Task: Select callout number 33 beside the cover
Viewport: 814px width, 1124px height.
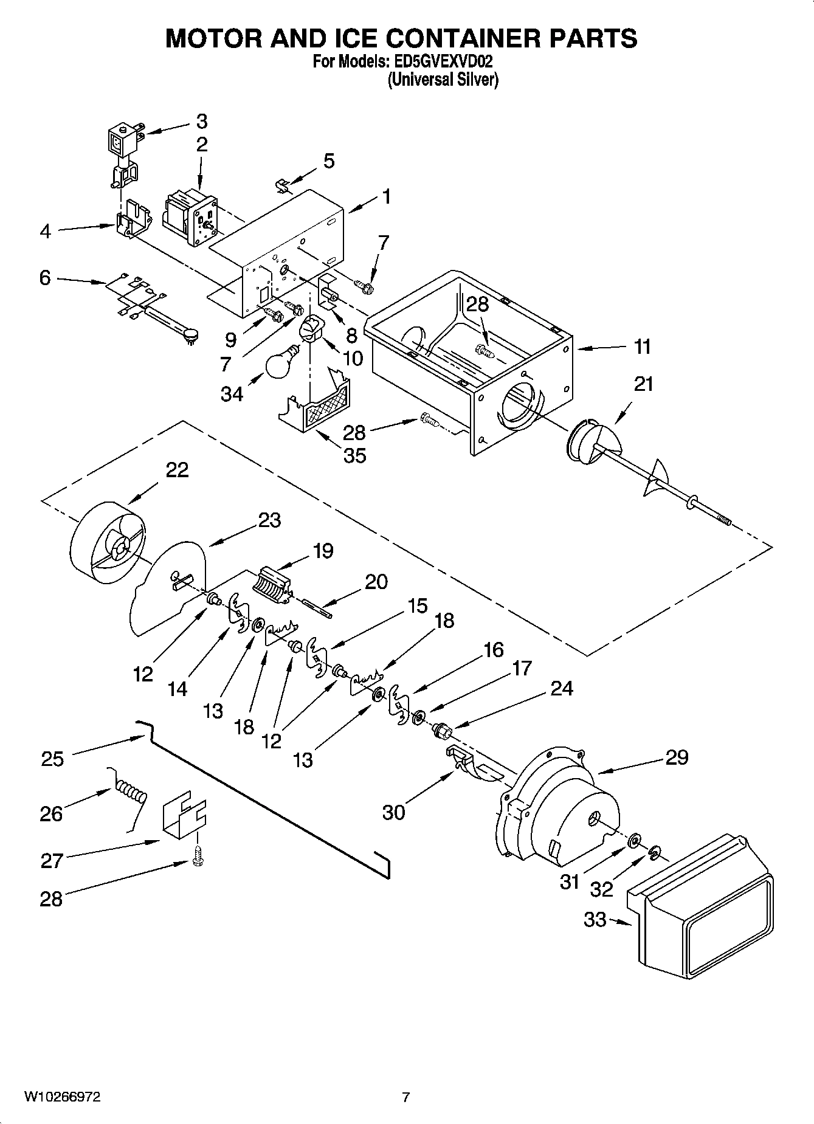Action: click(595, 920)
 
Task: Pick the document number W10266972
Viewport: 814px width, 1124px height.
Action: click(62, 1097)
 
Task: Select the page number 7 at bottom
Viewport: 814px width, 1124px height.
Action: click(406, 1097)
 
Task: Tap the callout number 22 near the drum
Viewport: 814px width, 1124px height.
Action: click(177, 470)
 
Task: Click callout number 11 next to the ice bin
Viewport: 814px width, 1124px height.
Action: click(643, 347)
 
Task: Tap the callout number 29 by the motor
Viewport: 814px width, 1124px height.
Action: click(677, 757)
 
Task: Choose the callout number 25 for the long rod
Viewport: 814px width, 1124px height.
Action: click(52, 759)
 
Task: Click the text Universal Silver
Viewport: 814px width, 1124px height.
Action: click(443, 80)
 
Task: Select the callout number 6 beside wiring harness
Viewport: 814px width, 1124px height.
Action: click(45, 278)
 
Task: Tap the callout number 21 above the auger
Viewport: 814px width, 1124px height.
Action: click(643, 384)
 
